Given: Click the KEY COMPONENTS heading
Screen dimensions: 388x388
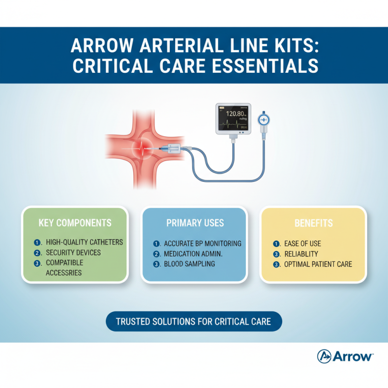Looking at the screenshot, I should click(x=75, y=223).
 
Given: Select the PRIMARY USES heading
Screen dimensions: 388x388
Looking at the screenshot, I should click(x=195, y=223).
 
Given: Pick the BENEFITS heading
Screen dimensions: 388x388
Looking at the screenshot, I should click(x=313, y=223).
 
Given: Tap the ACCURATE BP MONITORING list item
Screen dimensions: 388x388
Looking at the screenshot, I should click(x=203, y=243).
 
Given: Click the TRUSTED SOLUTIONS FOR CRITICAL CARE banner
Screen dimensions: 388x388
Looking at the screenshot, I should click(x=194, y=321).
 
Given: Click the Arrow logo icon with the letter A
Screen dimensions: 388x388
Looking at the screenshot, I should click(x=323, y=356).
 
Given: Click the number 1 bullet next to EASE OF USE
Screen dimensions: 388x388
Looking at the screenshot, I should click(x=276, y=243).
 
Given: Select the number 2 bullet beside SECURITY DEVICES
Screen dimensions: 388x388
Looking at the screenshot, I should click(x=37, y=253).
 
